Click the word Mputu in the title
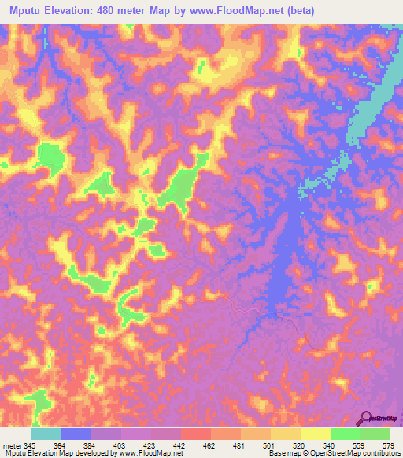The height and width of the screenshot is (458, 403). tap(24, 11)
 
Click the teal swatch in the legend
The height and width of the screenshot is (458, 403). tap(46, 434)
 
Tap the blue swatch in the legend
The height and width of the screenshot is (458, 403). tap(76, 434)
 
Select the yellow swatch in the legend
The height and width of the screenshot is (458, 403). tap(316, 434)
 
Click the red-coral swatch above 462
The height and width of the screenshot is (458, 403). tap(196, 434)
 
